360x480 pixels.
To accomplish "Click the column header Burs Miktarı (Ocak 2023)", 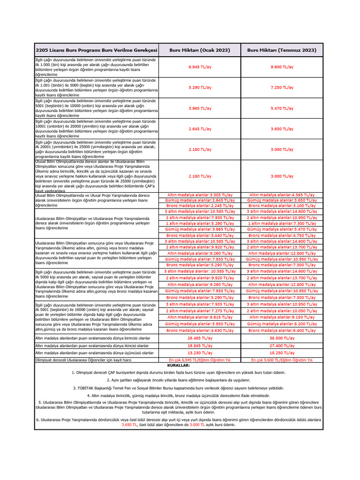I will [200, 50].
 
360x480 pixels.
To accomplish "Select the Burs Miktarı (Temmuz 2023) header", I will [282, 50].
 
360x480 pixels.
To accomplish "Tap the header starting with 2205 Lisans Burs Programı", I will [97, 50].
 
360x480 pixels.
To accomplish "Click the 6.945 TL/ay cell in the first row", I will [200, 67].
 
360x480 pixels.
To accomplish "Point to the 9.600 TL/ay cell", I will [282, 67].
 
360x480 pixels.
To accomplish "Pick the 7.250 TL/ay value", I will [282, 88].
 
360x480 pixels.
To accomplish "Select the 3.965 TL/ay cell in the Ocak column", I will [200, 108].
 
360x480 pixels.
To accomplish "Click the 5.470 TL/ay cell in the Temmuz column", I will [282, 108].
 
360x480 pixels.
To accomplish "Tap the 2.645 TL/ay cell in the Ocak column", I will [200, 129].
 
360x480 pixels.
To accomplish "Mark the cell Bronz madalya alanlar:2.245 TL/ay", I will [200, 206].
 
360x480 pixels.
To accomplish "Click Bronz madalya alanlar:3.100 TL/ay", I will [282, 206].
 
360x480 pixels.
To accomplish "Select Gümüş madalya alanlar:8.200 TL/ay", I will [282, 323].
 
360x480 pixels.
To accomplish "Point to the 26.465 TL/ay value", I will [200, 337].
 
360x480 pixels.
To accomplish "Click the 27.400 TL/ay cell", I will [282, 345].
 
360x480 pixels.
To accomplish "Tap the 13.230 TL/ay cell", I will [200, 353].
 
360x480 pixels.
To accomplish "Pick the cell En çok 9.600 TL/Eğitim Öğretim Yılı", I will [282, 360].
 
